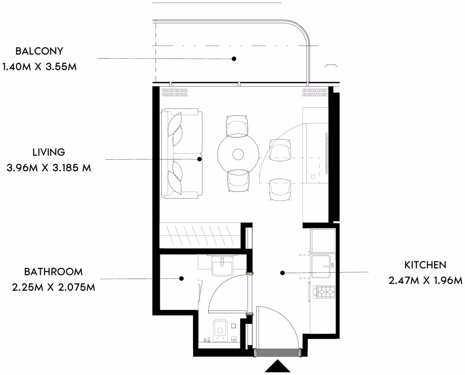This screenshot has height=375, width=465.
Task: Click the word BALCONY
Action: [39, 51]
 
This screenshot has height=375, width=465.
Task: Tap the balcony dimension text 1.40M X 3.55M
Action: [39, 67]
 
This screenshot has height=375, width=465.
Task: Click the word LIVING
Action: [48, 152]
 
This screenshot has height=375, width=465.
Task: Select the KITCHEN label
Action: [425, 265]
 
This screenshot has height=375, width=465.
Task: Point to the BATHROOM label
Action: [53, 272]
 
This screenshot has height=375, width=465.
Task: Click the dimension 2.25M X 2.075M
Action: [53, 287]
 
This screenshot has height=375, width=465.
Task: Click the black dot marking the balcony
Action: [234, 58]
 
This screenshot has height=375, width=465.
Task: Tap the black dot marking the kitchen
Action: [282, 273]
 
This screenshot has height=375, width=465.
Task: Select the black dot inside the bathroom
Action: [181, 279]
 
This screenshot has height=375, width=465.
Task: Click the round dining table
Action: [238, 154]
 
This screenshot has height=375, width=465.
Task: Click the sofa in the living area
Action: [182, 153]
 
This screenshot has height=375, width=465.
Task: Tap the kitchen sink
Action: [321, 267]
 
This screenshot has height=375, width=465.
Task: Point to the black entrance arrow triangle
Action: [277, 366]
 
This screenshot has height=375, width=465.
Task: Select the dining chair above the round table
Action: [237, 126]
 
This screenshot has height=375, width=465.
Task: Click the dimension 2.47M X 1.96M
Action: [425, 280]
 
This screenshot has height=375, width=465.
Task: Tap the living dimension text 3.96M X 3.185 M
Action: [48, 168]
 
